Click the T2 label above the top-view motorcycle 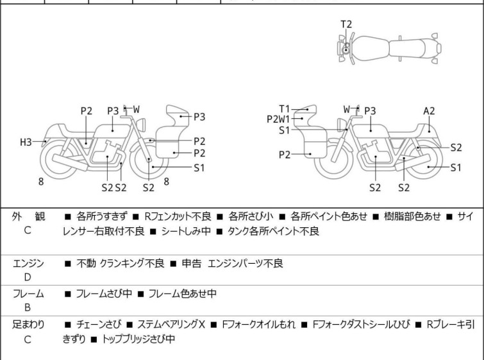pos(346,24)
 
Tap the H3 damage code pos(26,142)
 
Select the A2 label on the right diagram pos(429,110)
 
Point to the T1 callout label pos(285,109)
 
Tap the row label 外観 pos(28,216)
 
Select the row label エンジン pos(28,263)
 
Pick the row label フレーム pos(28,294)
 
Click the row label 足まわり pos(28,325)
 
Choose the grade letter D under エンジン pos(28,277)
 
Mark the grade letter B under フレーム pos(28,308)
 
